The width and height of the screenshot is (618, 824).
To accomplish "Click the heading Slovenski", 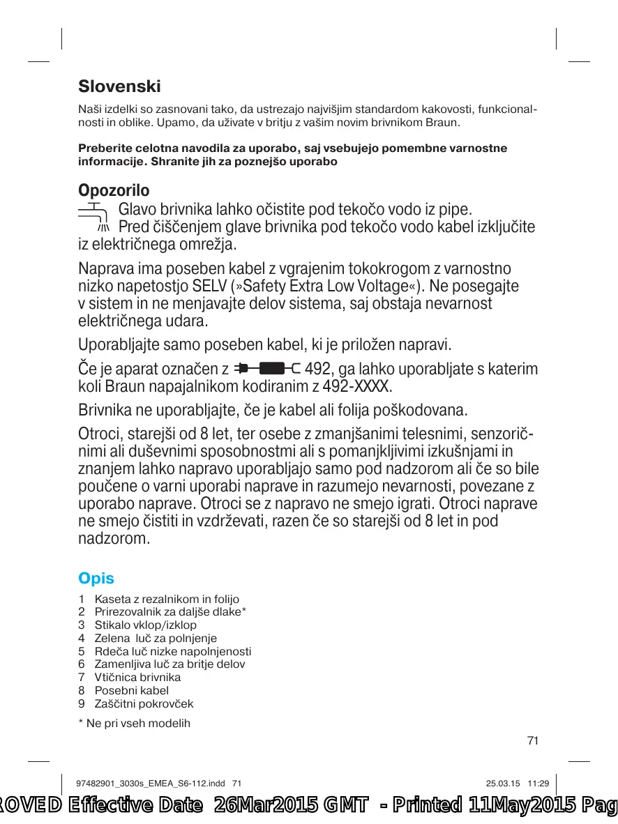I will (x=119, y=87).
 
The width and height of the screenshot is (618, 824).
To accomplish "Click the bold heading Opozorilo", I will (x=114, y=190).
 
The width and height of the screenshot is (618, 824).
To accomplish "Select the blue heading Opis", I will (x=96, y=579).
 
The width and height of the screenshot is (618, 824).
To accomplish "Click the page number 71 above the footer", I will (x=533, y=741).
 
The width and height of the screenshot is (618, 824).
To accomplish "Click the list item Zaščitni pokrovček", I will (x=144, y=703).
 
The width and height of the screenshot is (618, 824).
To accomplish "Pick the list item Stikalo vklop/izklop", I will (x=145, y=625).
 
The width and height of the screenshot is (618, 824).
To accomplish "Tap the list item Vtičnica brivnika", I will (x=137, y=677).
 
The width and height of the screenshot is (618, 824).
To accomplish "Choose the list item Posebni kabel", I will (x=132, y=690).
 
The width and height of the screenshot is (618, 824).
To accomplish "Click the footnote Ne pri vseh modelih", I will (x=138, y=723).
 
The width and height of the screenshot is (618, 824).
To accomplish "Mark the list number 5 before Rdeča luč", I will (x=82, y=651).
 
